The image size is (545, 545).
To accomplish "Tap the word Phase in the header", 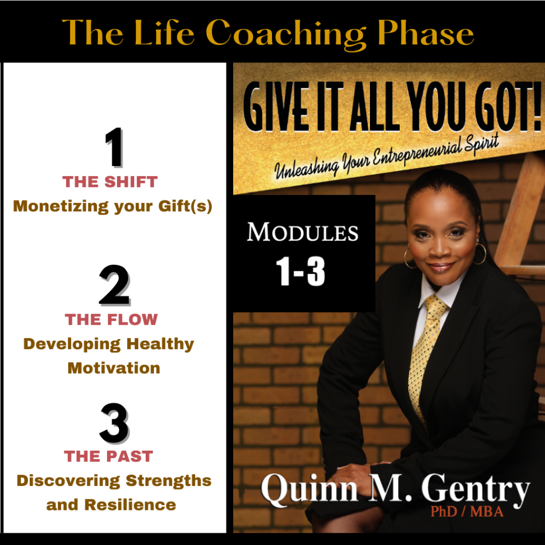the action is [426, 32].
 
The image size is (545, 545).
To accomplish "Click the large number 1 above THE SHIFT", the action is [114, 147].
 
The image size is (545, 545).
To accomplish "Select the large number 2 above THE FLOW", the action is [114, 285].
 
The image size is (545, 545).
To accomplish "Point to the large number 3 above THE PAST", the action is [114, 423].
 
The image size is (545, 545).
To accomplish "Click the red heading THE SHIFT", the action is [110, 182].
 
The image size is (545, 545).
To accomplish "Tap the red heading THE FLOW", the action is [111, 319].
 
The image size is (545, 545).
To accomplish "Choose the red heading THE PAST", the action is [109, 456].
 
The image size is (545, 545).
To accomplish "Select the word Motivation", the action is [114, 368].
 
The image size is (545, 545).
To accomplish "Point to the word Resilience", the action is [130, 505].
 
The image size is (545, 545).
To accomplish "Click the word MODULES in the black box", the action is [303, 232].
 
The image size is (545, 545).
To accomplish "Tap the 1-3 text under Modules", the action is [301, 272].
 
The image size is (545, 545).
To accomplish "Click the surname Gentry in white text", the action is [475, 489].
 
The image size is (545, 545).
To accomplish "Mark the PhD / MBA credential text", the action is [467, 511].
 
